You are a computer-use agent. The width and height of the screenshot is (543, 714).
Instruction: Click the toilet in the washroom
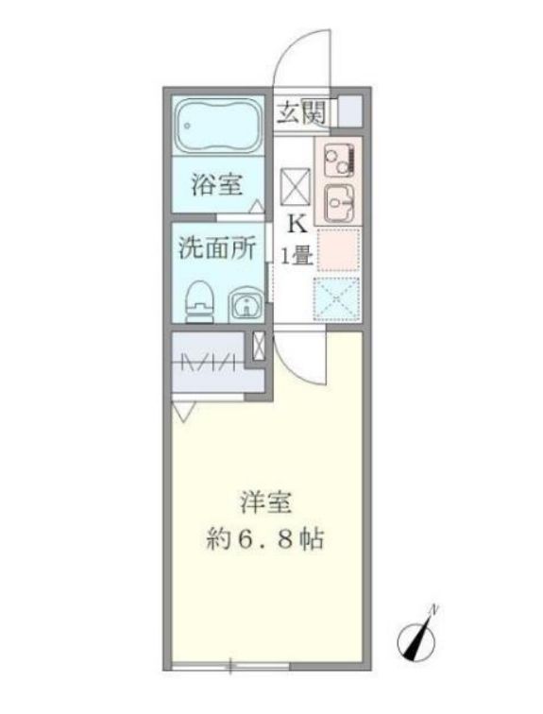coord(198,301)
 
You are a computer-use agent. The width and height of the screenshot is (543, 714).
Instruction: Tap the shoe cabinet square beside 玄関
coord(348,111)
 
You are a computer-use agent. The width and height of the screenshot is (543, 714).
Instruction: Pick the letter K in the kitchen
coord(297,225)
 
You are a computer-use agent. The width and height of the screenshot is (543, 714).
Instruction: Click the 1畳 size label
coord(297,255)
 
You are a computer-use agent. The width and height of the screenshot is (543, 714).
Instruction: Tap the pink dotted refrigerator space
coord(338,249)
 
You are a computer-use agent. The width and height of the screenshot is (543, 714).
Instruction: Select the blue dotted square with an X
coord(337,297)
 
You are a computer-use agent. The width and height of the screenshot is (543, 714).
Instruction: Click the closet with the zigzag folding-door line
coord(210,363)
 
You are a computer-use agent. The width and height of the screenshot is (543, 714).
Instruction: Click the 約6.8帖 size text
coord(265,540)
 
